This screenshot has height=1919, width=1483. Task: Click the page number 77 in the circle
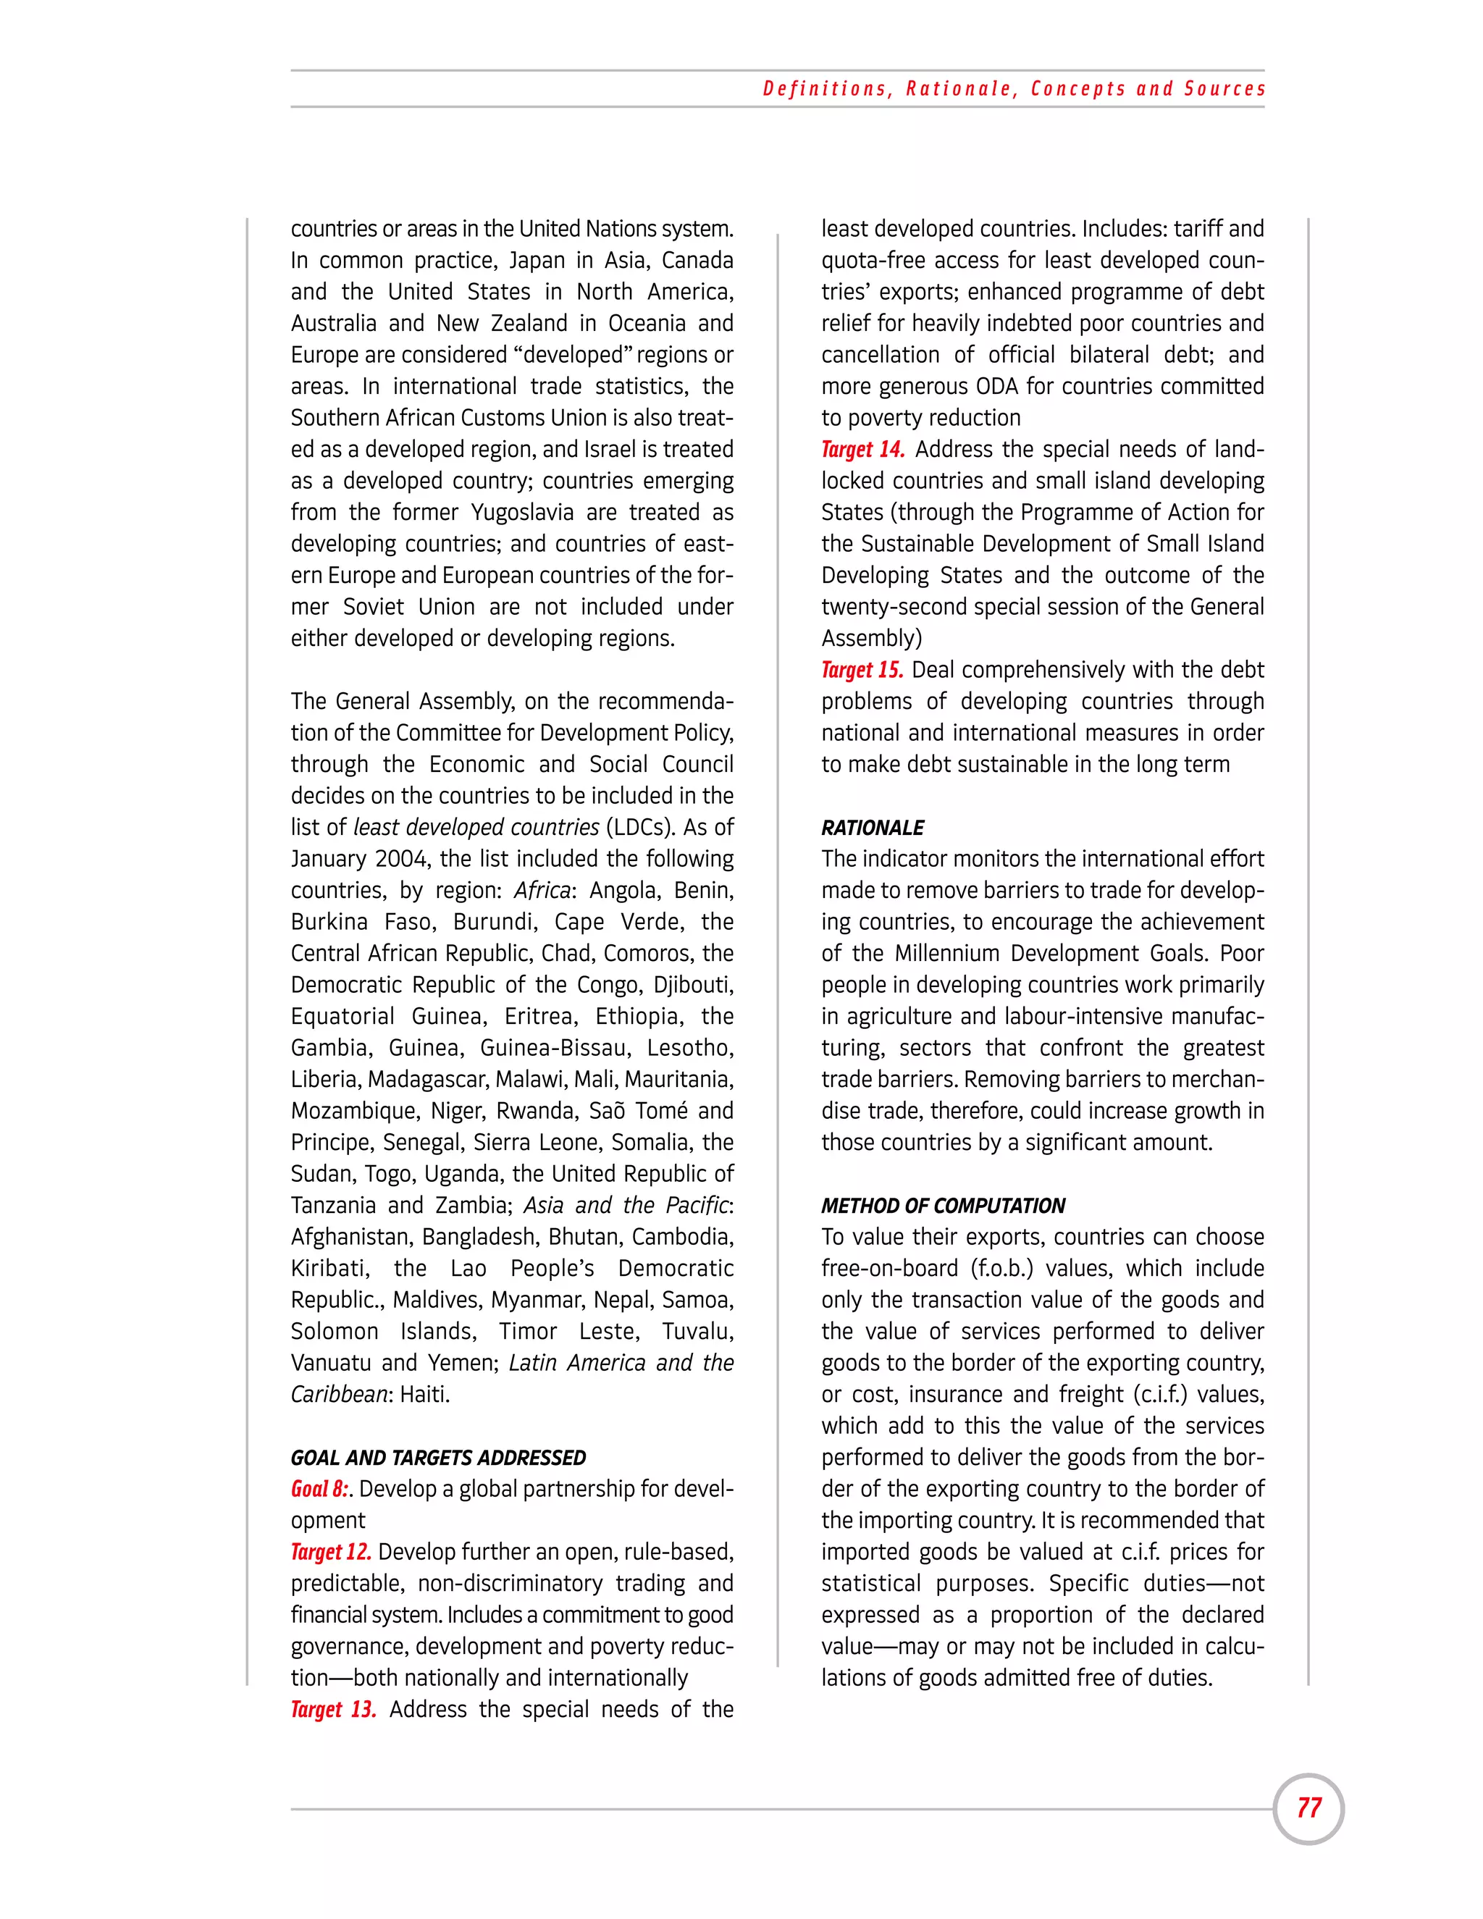[x=1308, y=1807]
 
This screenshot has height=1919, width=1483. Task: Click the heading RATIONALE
[x=873, y=828]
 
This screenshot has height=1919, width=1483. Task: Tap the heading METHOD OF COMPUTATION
[x=943, y=1206]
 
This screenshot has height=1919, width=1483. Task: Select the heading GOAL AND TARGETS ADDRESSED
[x=437, y=1458]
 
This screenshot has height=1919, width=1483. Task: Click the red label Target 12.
[x=331, y=1552]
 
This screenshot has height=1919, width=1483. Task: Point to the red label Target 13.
[x=333, y=1709]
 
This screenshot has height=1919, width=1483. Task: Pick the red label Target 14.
[x=862, y=449]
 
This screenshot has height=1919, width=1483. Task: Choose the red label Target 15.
[x=862, y=670]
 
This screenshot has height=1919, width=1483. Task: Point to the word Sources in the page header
[x=1224, y=89]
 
